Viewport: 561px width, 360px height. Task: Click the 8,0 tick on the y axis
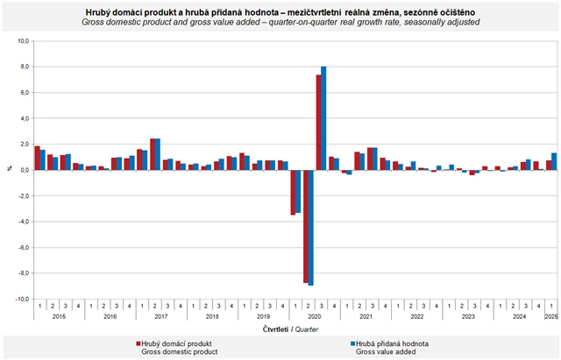tap(25, 67)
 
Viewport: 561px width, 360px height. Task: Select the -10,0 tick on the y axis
tap(23, 299)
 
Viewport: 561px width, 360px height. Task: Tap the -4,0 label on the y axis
tap(24, 222)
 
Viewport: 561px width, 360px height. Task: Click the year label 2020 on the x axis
tap(315, 316)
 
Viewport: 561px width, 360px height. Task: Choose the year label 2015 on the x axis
tap(60, 316)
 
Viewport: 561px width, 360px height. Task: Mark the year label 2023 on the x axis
tap(468, 316)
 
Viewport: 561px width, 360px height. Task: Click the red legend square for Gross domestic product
tap(138, 342)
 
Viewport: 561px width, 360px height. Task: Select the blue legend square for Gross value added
tap(352, 342)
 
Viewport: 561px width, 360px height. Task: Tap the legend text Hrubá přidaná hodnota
tap(392, 342)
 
